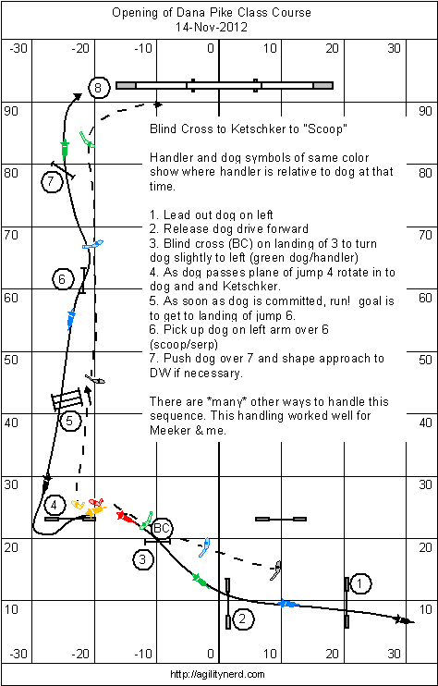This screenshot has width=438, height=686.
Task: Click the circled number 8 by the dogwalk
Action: (97, 89)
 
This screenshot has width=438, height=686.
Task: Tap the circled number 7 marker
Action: (51, 182)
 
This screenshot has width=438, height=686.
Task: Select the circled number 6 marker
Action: (62, 279)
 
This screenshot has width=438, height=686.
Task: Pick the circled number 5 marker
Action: (69, 422)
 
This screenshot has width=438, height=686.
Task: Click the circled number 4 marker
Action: (54, 506)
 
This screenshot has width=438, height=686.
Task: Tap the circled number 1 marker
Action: (359, 583)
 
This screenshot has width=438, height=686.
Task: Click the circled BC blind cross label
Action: (162, 528)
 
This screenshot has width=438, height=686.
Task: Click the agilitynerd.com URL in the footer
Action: (219, 674)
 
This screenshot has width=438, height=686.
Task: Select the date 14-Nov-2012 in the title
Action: (212, 27)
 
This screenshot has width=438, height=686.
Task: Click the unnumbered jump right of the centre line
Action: (281, 520)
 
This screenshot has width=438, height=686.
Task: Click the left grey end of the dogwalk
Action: (126, 85)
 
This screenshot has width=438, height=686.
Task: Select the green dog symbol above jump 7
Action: (65, 148)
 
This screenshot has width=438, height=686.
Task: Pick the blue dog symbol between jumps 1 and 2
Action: (289, 605)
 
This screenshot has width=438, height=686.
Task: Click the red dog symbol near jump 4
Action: (125, 517)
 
